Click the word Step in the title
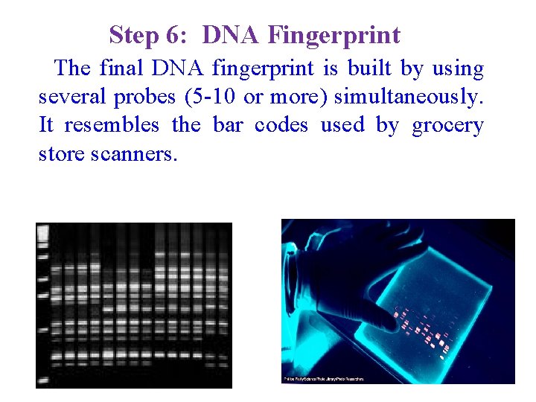(x=133, y=35)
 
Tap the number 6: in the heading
(x=180, y=35)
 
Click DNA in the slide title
(x=232, y=35)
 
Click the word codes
(x=281, y=125)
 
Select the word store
(x=62, y=154)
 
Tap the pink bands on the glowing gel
(x=421, y=328)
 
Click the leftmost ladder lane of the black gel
(x=43, y=305)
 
